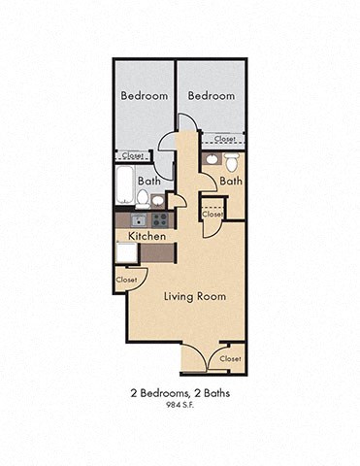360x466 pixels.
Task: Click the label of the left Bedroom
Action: [x=145, y=96]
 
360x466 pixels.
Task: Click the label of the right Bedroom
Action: [x=212, y=96]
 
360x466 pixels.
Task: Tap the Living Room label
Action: [x=195, y=296]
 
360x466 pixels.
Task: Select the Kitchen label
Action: [x=147, y=236]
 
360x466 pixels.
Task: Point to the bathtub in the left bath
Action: [x=124, y=185]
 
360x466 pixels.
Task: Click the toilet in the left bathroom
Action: [x=143, y=199]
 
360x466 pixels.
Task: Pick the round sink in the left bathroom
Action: [x=158, y=201]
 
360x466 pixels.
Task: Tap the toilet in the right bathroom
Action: [x=232, y=162]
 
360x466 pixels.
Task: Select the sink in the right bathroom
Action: [x=212, y=159]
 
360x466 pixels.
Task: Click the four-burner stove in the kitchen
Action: [x=160, y=220]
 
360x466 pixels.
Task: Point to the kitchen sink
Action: [x=140, y=220]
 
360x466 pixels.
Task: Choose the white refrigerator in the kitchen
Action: [x=126, y=252]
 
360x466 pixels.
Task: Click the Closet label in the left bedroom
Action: [x=133, y=155]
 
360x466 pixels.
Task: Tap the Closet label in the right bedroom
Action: [x=225, y=139]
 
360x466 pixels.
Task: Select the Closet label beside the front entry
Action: [x=230, y=358]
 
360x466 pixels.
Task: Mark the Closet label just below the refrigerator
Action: [x=126, y=280]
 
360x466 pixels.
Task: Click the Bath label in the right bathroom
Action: [x=231, y=181]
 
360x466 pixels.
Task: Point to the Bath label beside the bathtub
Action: [x=149, y=181]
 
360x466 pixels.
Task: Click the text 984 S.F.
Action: [x=180, y=405]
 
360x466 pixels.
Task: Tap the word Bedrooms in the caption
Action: [x=164, y=393]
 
